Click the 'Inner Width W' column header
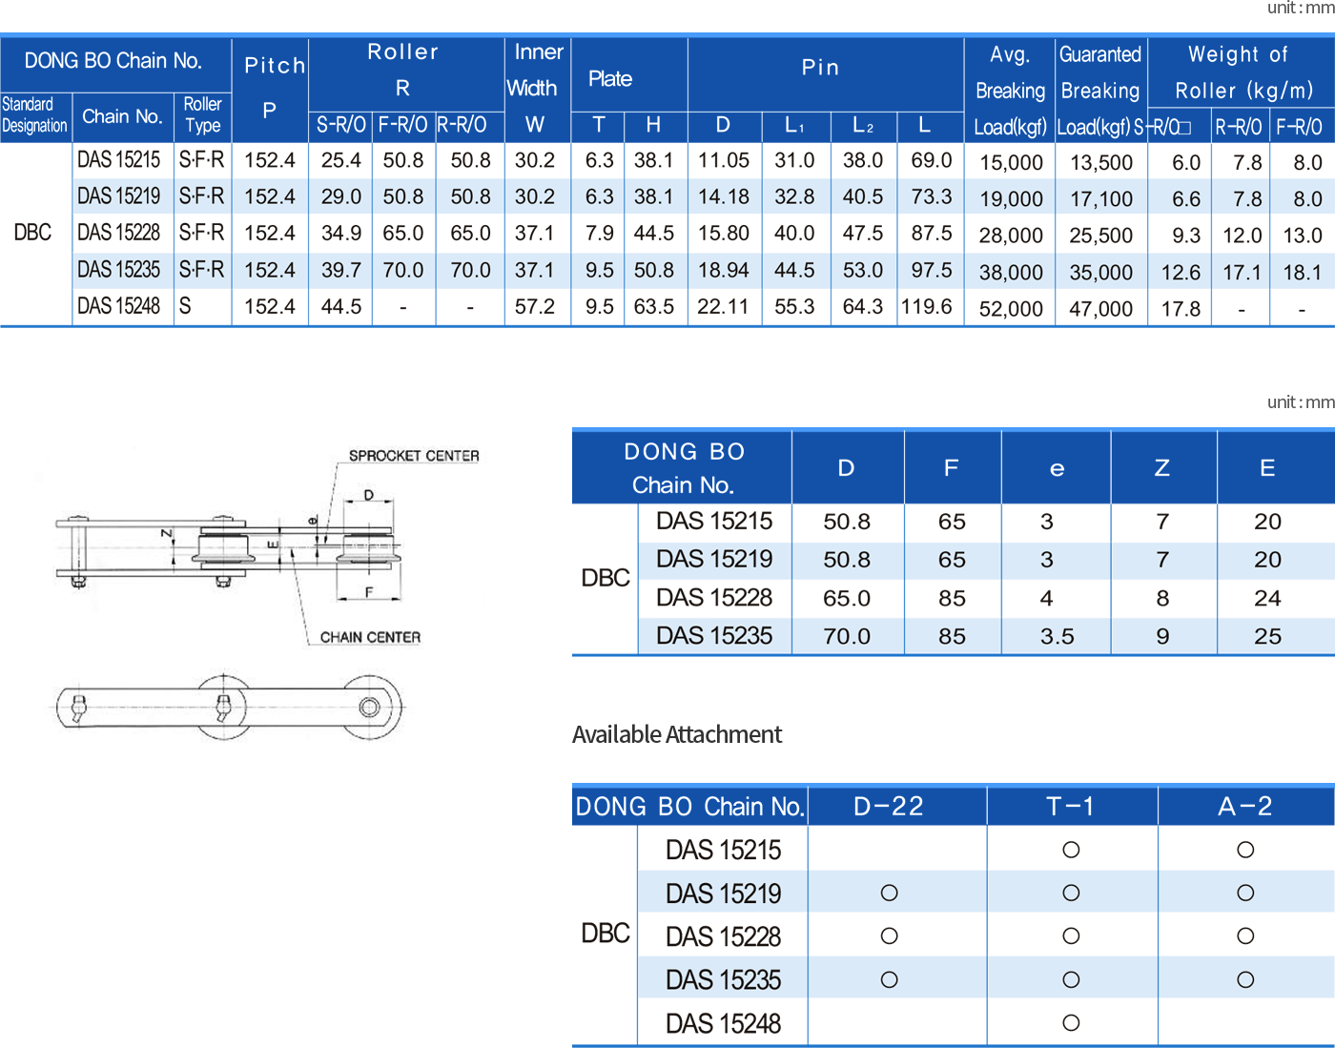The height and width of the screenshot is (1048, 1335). click(x=535, y=88)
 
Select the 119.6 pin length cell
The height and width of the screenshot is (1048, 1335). click(x=927, y=306)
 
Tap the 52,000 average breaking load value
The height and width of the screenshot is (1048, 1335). click(x=1011, y=308)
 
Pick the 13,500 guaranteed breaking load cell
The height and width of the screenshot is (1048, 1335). click(x=1101, y=162)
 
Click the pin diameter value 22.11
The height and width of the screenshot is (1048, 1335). click(x=723, y=306)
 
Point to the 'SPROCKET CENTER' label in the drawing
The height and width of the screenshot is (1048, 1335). click(x=414, y=456)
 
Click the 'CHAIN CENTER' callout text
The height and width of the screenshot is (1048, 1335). click(x=370, y=637)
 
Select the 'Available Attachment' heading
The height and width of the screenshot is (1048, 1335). click(x=676, y=734)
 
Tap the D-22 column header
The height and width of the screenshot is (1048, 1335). click(x=889, y=806)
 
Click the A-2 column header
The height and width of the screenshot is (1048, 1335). click(x=1244, y=806)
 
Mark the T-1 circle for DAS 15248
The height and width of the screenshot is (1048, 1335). click(x=1071, y=1022)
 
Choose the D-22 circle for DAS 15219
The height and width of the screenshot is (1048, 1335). click(x=889, y=893)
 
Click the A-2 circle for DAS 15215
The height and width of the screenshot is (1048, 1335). click(x=1245, y=850)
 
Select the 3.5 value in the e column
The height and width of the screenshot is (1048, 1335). click(x=1057, y=636)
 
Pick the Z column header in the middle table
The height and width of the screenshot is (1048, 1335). click(x=1161, y=468)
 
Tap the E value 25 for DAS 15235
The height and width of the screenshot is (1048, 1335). click(x=1267, y=636)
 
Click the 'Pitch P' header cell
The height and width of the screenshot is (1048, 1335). click(x=270, y=88)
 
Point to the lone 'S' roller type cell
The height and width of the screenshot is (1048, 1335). click(x=185, y=306)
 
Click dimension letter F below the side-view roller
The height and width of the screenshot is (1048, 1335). click(x=369, y=591)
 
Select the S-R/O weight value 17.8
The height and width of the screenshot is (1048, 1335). click(x=1181, y=308)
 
